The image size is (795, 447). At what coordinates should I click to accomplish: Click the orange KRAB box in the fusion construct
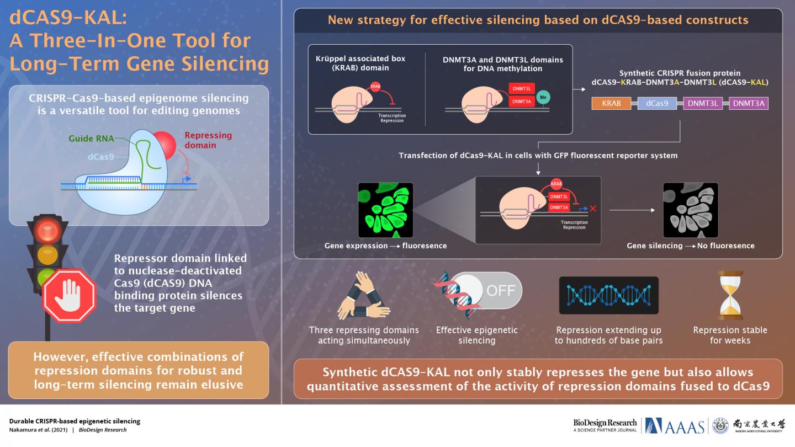coord(611,103)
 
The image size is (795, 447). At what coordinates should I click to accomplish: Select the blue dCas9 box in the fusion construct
coord(657,103)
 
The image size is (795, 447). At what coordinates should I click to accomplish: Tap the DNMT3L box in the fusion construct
coord(703,103)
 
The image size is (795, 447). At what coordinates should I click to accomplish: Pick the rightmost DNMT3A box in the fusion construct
coord(749,103)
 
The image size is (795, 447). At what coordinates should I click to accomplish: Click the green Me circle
coord(543,97)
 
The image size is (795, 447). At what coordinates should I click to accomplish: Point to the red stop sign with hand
coord(70,295)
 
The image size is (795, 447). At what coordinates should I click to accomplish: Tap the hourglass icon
coord(730,295)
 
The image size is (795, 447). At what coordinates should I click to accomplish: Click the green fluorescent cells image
coord(385,210)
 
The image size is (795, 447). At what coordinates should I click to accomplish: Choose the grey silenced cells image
coord(690,210)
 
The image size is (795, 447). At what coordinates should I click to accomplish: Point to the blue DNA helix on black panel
coord(608,295)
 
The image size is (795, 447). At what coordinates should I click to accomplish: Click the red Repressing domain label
coord(208,140)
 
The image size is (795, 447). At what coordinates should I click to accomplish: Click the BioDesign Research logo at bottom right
coord(605,425)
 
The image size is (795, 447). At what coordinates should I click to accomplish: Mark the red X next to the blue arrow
coord(593,208)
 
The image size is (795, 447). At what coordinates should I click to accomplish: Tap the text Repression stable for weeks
coord(730,335)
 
